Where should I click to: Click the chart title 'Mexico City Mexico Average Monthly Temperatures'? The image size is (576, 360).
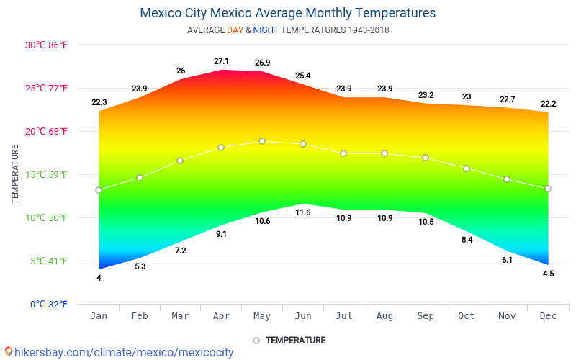(x=287, y=13)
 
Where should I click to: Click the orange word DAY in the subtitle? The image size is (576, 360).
(x=235, y=30)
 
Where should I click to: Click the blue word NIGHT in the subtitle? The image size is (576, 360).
(x=266, y=30)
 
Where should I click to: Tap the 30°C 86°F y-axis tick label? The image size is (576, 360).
(x=46, y=45)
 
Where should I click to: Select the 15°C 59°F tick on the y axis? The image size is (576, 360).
(x=46, y=174)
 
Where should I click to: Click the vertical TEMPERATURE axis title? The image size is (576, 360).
(x=15, y=174)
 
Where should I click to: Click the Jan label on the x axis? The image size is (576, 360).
(x=99, y=316)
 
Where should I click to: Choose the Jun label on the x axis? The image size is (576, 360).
(x=303, y=316)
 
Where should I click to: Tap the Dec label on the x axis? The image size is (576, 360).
(x=548, y=316)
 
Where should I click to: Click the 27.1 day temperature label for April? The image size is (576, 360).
(x=221, y=61)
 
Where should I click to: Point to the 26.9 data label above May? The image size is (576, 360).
(x=262, y=63)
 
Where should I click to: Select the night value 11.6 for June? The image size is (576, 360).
(x=303, y=212)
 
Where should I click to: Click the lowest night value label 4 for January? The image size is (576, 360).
(x=99, y=278)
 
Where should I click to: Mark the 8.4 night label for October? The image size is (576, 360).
(x=467, y=240)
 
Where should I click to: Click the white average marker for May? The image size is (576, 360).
(x=262, y=141)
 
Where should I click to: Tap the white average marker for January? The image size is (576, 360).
(x=99, y=190)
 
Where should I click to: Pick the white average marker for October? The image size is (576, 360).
(x=467, y=168)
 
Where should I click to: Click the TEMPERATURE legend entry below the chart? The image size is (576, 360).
(x=295, y=341)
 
